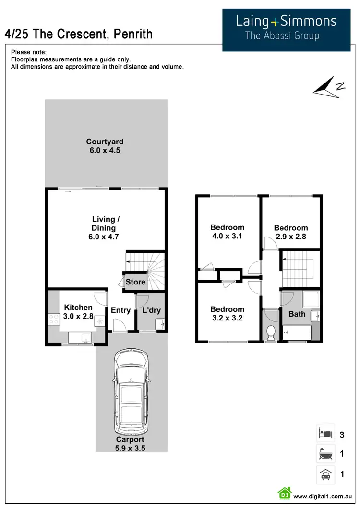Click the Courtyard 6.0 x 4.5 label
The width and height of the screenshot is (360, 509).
(105, 145)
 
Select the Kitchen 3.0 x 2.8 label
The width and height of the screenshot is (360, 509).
(78, 311)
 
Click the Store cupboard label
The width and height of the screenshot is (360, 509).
(135, 282)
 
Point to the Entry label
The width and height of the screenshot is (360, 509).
(120, 310)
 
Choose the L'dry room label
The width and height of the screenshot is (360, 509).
(151, 310)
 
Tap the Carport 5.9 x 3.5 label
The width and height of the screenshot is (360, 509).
(130, 444)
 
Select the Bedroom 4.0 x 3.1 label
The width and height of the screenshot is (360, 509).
(228, 232)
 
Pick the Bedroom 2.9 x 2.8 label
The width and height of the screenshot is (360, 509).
(291, 232)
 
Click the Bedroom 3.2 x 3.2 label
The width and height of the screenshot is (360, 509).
(228, 314)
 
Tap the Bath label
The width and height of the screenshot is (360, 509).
(297, 314)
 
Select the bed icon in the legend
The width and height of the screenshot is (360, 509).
(324, 435)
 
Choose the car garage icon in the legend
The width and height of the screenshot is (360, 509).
(324, 474)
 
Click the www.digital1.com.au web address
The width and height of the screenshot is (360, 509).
(323, 497)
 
